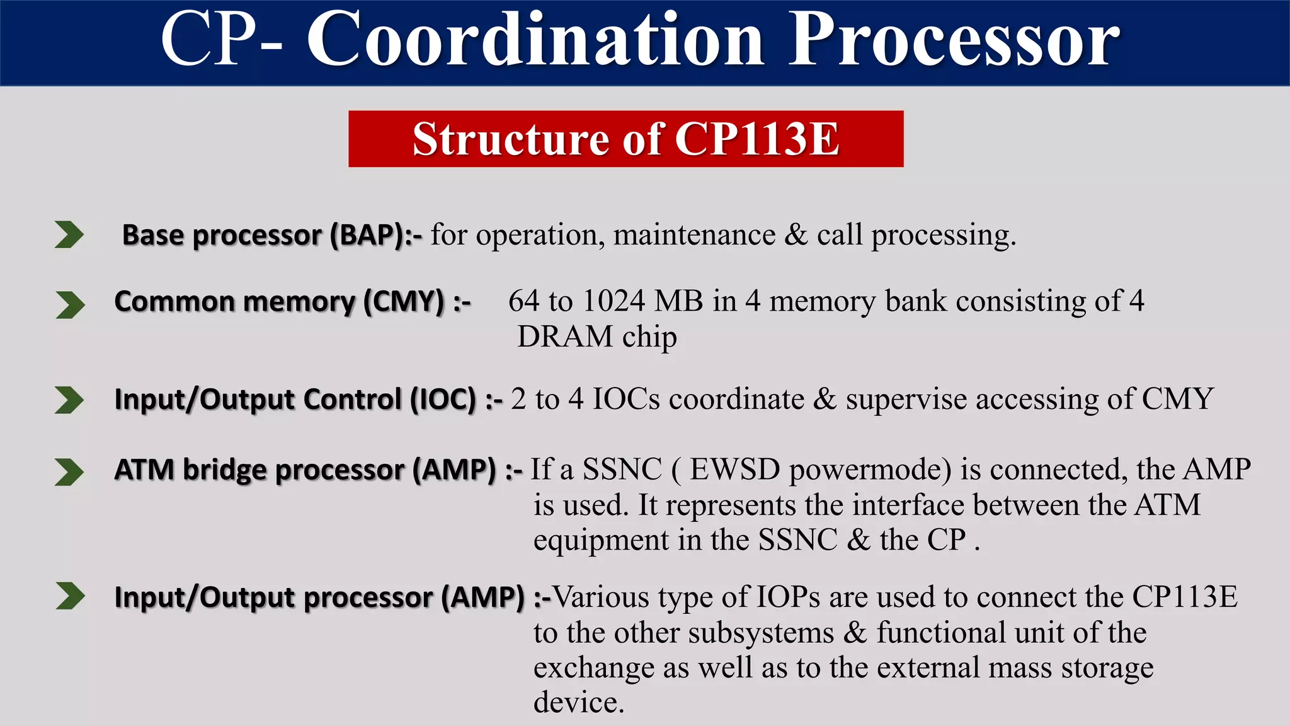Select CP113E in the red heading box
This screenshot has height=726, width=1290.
[757, 139]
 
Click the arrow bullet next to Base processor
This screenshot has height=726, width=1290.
[69, 234]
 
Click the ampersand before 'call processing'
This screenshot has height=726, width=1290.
[796, 235]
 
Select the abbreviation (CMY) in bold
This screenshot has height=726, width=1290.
[404, 301]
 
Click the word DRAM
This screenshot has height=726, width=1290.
[565, 337]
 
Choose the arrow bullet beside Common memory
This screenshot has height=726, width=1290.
[69, 305]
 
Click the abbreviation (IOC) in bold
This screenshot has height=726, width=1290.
[443, 400]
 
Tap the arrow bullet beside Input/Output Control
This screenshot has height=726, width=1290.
[69, 400]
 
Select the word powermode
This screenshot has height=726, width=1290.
[870, 470]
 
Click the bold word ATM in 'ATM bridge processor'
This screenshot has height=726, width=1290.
[144, 470]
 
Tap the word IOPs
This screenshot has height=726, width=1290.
[788, 597]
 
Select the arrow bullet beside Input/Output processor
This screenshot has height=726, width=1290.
[69, 596]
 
